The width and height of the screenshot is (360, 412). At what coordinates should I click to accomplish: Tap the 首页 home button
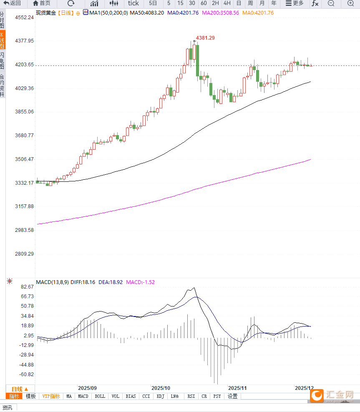[x=42, y=3]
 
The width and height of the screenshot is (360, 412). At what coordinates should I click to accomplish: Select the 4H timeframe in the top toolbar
[x=227, y=3]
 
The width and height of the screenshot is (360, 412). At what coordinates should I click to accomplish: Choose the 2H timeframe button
[x=215, y=3]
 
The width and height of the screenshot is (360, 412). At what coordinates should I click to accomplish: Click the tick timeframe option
[x=133, y=3]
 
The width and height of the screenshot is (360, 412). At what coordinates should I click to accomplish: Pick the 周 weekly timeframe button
[x=250, y=3]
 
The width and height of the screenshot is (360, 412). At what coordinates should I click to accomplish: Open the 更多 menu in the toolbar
[x=295, y=3]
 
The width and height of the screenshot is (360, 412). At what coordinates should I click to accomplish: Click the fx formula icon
[x=315, y=3]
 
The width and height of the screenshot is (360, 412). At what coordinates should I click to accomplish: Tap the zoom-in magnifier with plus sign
[x=350, y=3]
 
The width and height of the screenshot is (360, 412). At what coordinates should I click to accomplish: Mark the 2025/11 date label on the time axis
[x=238, y=387]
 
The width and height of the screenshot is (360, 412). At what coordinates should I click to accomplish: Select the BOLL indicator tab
[x=100, y=396]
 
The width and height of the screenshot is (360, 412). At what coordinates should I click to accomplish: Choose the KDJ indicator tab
[x=161, y=396]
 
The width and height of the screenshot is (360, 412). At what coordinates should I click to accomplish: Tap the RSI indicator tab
[x=191, y=396]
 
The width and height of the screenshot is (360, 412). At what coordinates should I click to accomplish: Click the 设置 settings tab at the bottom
[x=233, y=396]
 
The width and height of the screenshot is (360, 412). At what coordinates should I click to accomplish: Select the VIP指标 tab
[x=51, y=396]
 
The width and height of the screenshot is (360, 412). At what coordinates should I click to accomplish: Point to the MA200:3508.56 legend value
[x=220, y=13]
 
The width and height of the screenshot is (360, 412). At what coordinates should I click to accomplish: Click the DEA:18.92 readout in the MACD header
[x=111, y=282]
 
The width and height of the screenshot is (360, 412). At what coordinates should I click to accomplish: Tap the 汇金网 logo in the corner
[x=334, y=395]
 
